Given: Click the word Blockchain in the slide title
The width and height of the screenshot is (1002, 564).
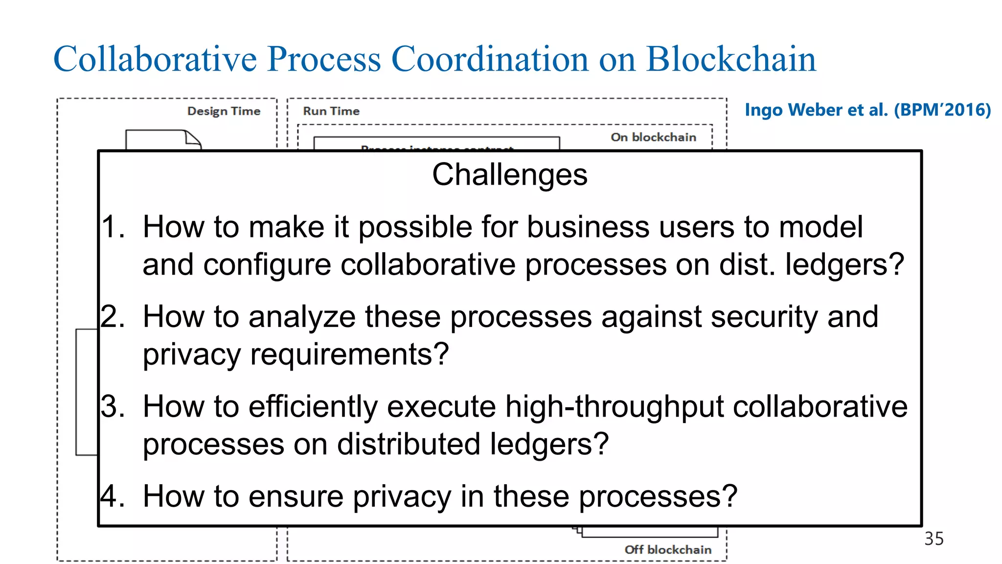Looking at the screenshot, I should tap(731, 59).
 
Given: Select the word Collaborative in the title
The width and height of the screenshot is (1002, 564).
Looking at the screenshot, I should tap(155, 59).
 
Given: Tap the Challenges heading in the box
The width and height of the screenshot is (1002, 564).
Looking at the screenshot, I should tap(509, 175).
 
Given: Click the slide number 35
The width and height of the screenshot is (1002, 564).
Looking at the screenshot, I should tap(934, 539).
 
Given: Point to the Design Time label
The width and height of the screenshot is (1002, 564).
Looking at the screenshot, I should tap(224, 111).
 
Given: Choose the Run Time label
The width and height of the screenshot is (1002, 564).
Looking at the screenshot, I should tap(331, 111).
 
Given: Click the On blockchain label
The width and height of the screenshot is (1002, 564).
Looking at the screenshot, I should tap(653, 137).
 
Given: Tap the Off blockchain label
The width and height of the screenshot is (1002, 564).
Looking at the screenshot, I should tap(668, 550).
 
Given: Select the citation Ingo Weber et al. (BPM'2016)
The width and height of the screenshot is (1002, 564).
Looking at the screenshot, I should tap(867, 110).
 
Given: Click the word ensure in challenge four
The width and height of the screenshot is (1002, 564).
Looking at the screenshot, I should tap(299, 496).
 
